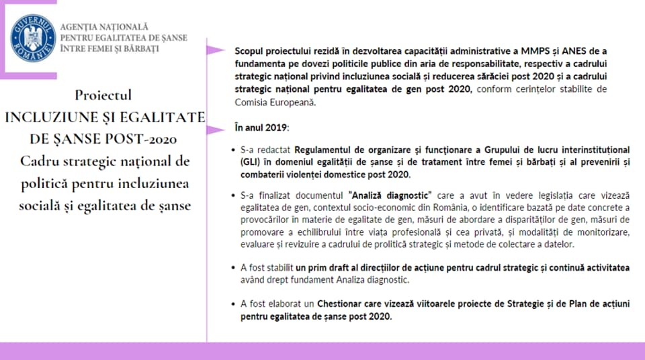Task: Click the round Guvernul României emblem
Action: pyautogui.click(x=33, y=37)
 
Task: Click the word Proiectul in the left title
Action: pyautogui.click(x=103, y=95)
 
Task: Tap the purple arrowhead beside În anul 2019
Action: pyautogui.click(x=215, y=127)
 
